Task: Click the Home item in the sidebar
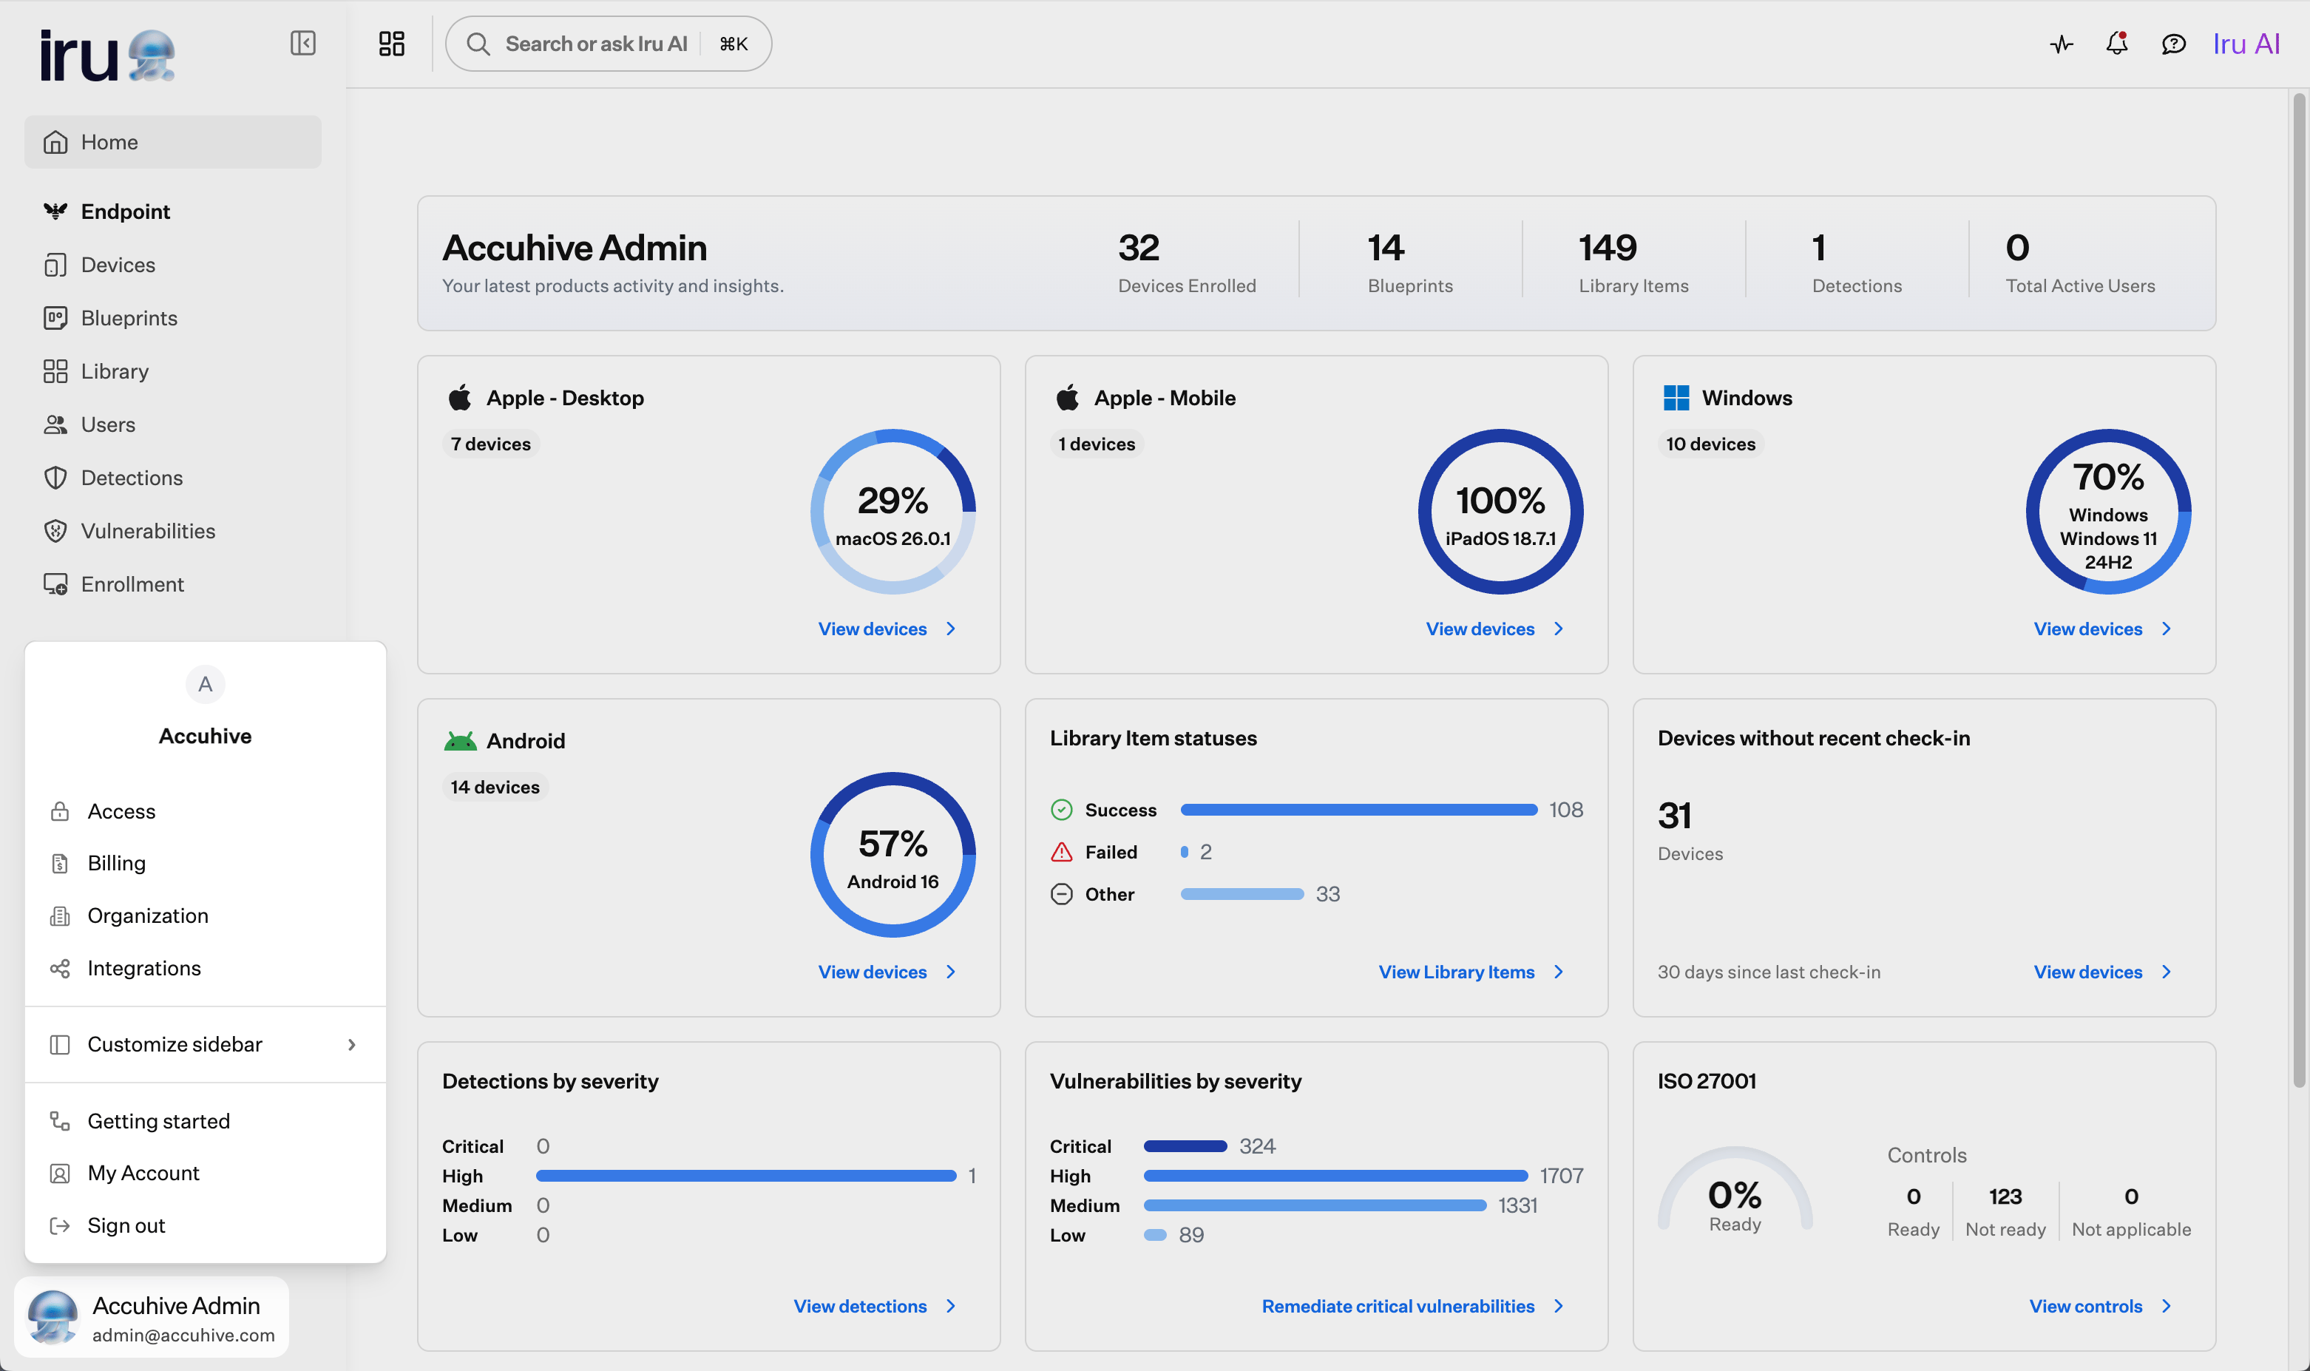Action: point(173,142)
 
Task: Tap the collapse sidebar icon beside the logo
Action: point(303,44)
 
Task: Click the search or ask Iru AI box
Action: point(608,44)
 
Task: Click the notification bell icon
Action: point(2117,44)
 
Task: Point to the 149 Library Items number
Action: point(1607,248)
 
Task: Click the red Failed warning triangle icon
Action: point(1061,852)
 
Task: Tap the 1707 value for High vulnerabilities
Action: point(1561,1176)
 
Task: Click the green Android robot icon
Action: point(460,741)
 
